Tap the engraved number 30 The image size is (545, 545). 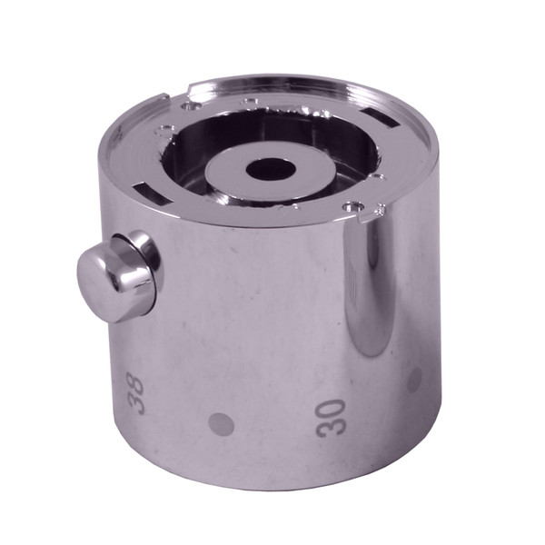point(332,417)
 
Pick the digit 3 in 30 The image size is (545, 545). point(331,427)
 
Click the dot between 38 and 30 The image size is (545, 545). point(221,423)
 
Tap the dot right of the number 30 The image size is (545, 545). point(415,379)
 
